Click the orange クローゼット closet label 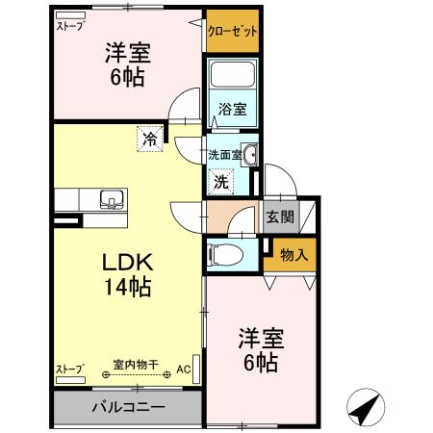[233, 31]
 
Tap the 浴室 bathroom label [233, 109]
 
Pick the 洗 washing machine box [220, 180]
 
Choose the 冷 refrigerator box [150, 139]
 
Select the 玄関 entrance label [280, 216]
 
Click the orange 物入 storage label [293, 255]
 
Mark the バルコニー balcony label [128, 407]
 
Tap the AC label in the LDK [184, 366]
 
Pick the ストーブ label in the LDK [68, 369]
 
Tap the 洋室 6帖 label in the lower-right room [259, 350]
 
